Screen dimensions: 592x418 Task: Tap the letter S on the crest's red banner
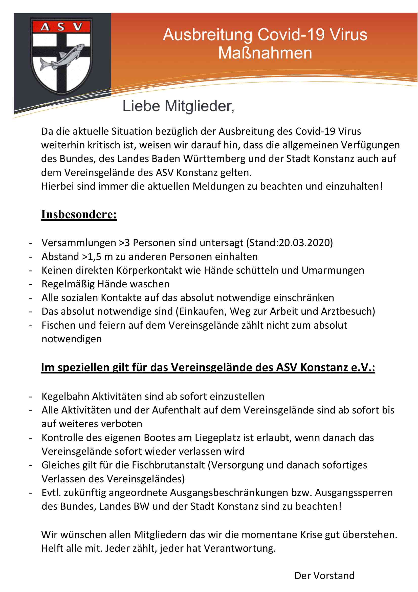(x=61, y=27)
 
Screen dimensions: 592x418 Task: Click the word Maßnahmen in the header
(x=265, y=53)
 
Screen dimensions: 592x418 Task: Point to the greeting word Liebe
(x=141, y=106)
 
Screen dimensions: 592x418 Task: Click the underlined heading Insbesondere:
(x=79, y=214)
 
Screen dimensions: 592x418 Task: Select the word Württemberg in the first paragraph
(x=214, y=159)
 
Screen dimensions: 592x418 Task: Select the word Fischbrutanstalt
(x=168, y=465)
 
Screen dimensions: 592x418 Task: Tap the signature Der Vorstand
(x=324, y=576)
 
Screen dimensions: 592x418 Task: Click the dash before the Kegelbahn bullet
(x=31, y=397)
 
